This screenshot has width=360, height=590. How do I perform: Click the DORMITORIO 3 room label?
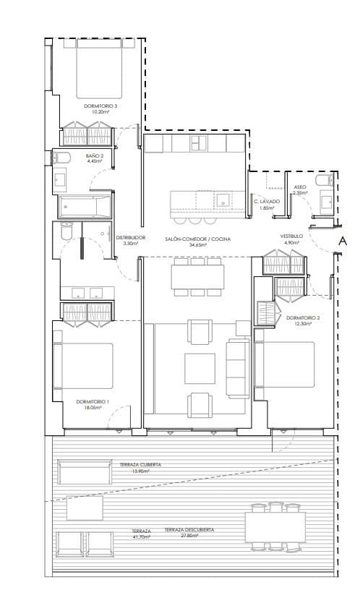click(x=100, y=106)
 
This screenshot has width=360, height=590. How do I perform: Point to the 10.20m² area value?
click(x=100, y=112)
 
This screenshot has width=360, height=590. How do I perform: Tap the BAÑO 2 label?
click(x=95, y=155)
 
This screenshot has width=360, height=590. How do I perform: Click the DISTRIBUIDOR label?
click(x=131, y=237)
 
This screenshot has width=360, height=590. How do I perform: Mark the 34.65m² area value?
click(x=197, y=244)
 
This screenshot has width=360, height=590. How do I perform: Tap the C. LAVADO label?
click(x=267, y=201)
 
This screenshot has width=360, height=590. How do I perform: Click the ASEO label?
click(x=300, y=187)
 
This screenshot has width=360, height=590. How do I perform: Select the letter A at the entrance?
click(x=343, y=241)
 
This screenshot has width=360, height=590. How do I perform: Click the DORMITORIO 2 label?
click(x=302, y=317)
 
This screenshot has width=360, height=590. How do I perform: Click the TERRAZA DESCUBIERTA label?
click(x=189, y=530)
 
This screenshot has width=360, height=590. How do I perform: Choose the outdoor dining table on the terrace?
click(x=274, y=526)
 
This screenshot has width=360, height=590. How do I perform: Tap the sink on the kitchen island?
click(x=225, y=199)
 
